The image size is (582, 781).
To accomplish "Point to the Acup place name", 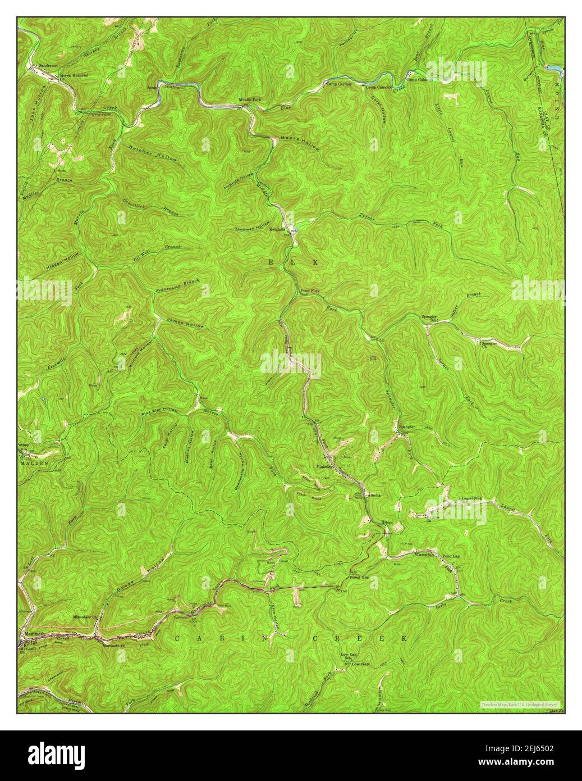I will pyautogui.click(x=152, y=87).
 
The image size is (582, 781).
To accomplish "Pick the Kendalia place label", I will pyautogui.click(x=278, y=229).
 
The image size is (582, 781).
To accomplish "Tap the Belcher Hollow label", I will pyautogui.click(x=153, y=152).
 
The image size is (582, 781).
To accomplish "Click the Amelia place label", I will pyautogui.click(x=374, y=495).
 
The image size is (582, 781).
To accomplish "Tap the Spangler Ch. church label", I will pyautogui.click(x=489, y=344).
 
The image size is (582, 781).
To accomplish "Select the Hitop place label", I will pyautogui.click(x=386, y=522).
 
